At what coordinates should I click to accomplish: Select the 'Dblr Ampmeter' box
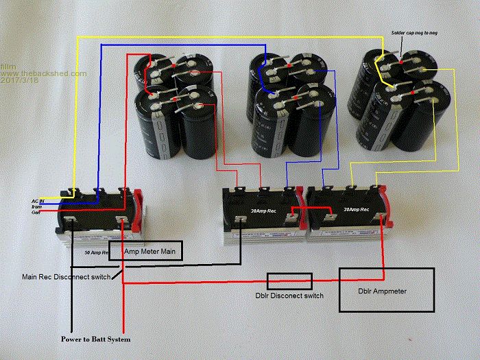tap(387, 290)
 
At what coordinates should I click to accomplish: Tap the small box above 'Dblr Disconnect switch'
tap(289, 280)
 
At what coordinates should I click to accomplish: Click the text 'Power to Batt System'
tap(95, 339)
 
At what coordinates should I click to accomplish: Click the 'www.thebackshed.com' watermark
tap(44, 73)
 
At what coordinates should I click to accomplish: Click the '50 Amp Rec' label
tap(96, 252)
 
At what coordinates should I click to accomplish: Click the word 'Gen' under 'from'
tap(36, 213)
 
